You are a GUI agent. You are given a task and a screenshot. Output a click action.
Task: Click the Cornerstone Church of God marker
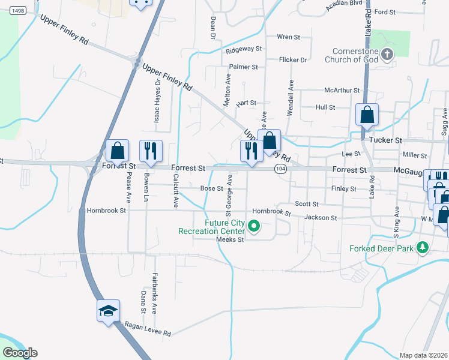click(x=387, y=55)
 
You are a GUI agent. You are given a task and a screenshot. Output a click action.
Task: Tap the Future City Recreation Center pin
click(x=254, y=226)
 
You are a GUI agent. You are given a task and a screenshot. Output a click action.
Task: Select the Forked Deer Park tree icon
click(x=423, y=247)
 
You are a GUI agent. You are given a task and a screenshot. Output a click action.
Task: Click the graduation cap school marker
click(x=109, y=311)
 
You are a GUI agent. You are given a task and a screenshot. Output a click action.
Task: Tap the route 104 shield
click(x=280, y=170)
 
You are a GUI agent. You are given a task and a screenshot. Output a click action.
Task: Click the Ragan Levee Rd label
click(x=148, y=329)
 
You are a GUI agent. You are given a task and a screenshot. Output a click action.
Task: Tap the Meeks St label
click(x=231, y=239)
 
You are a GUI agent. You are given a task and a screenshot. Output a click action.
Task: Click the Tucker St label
click(x=386, y=140)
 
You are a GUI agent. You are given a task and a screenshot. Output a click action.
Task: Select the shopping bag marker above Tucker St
click(x=367, y=113)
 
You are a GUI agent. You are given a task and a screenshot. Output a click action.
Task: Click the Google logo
click(x=19, y=353)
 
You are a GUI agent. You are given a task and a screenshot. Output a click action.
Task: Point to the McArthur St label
click(x=342, y=90)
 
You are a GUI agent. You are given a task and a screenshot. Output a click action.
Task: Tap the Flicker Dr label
click(x=293, y=60)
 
